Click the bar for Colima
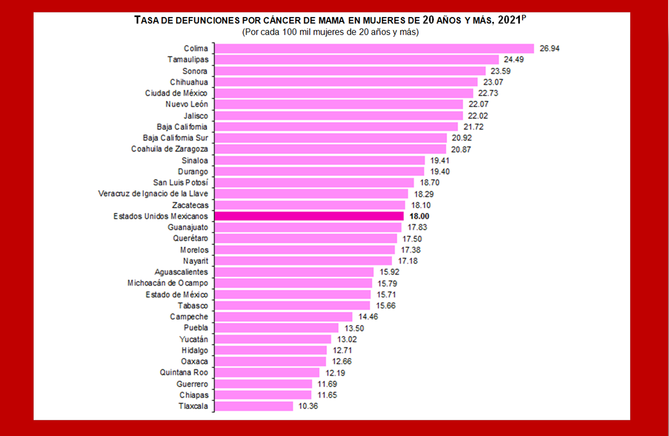(374, 48)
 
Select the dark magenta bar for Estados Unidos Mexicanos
(309, 216)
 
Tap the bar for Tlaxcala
(253, 406)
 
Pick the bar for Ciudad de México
(343, 93)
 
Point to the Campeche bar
(283, 317)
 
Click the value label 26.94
(550, 48)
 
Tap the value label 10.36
(307, 406)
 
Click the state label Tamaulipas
(188, 59)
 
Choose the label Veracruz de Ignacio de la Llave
(153, 194)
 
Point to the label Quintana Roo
(184, 372)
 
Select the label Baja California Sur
(175, 138)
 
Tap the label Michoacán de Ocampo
(167, 283)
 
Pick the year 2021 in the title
(510, 20)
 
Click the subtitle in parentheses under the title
(330, 32)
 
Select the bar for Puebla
(276, 328)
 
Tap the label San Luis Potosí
(180, 182)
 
